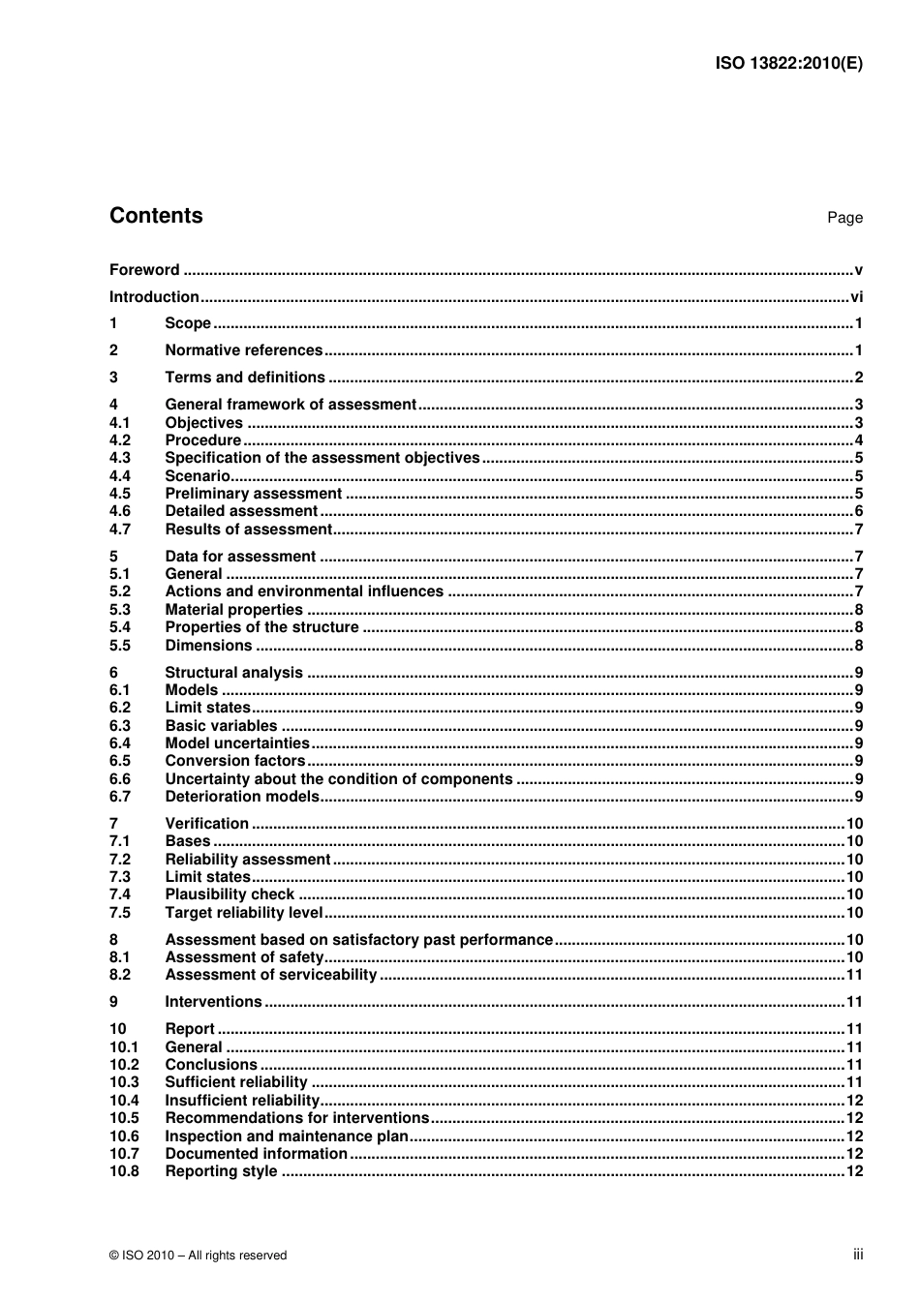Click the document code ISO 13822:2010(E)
tap(788, 64)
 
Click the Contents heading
tap(156, 216)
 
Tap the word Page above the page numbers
tap(844, 218)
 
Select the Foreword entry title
tap(144, 270)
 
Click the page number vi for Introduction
tap(856, 297)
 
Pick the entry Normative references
tap(243, 350)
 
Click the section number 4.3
tap(119, 458)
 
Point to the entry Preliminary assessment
tap(253, 494)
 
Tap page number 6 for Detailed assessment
tap(858, 511)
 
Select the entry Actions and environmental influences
tap(304, 591)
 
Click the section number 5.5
tap(119, 646)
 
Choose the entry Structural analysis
tap(233, 673)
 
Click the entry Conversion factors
tap(234, 761)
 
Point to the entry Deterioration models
tap(241, 797)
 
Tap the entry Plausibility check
tap(230, 894)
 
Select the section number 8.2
tap(119, 975)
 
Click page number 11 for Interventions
tap(854, 1002)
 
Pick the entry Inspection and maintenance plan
tap(287, 1136)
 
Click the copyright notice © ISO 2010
tap(198, 1256)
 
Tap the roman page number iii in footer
tap(858, 1255)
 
